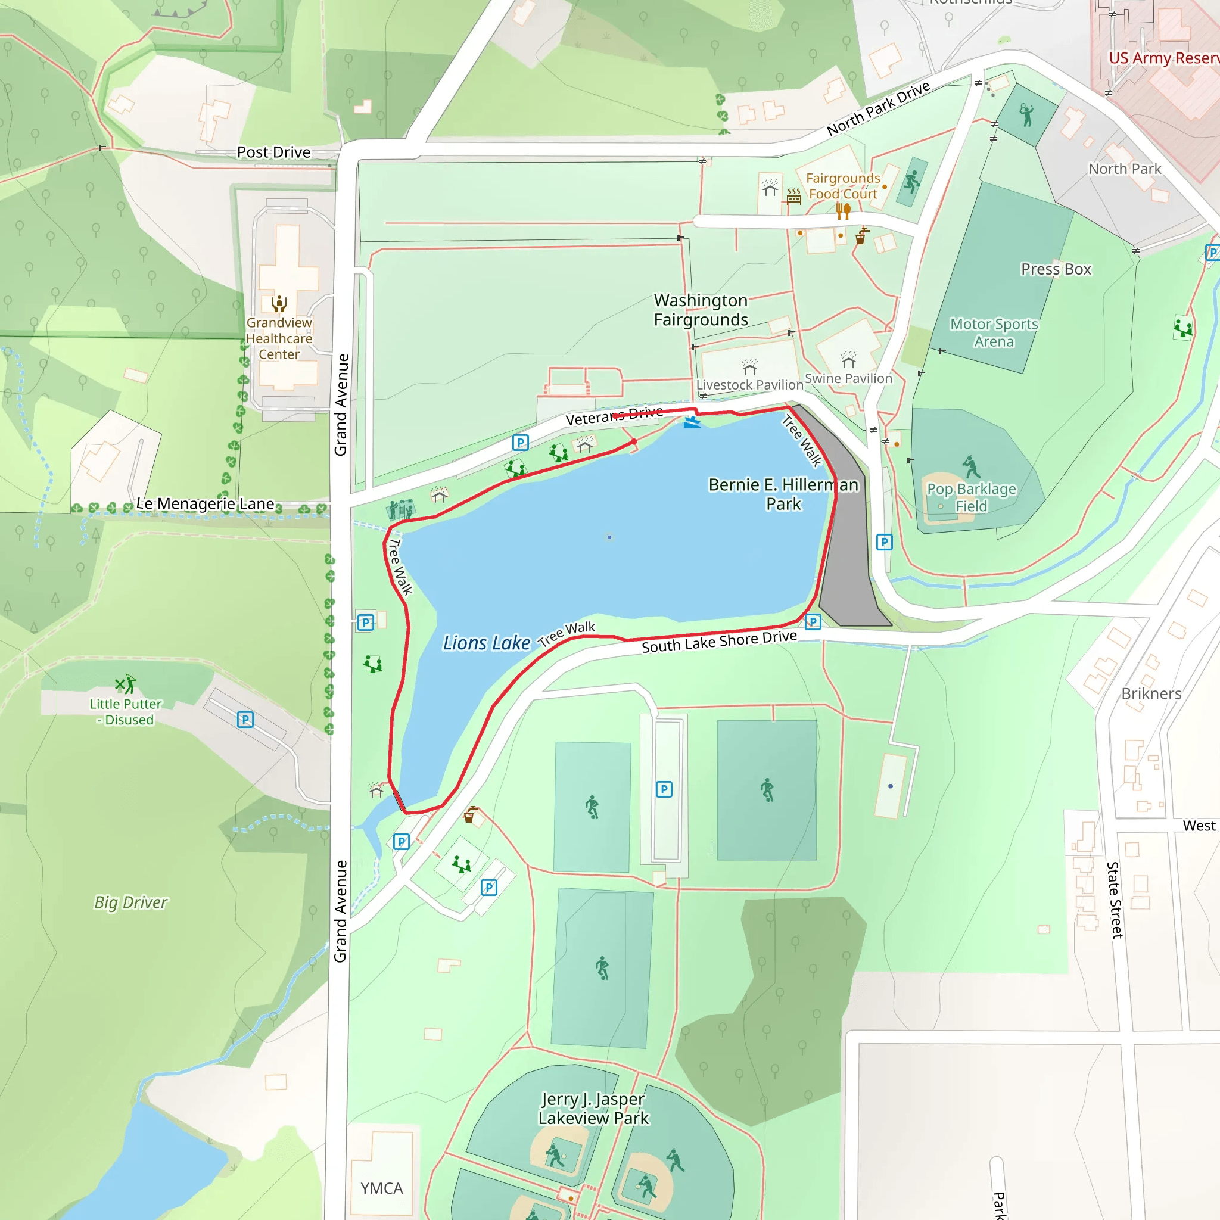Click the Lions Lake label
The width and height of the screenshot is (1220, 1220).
click(486, 643)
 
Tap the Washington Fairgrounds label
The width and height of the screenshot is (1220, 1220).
click(701, 310)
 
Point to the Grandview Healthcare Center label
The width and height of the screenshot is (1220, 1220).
click(279, 338)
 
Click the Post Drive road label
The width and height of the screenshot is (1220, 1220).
click(273, 152)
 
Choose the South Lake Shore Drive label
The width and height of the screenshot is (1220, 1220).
click(719, 642)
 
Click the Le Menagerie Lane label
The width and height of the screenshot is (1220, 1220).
click(206, 504)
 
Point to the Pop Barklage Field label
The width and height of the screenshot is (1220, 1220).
click(971, 497)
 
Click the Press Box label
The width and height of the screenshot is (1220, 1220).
click(1056, 270)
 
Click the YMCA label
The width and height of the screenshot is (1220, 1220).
click(381, 1188)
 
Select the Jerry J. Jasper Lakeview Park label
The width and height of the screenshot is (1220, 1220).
click(593, 1108)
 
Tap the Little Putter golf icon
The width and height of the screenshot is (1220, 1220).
click(126, 683)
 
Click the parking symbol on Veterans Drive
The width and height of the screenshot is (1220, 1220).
click(520, 442)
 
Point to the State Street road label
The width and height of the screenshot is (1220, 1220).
click(1115, 900)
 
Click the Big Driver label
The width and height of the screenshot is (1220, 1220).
click(130, 902)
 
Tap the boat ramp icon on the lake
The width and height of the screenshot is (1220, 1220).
click(692, 421)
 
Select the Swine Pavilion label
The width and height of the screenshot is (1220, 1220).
click(848, 378)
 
